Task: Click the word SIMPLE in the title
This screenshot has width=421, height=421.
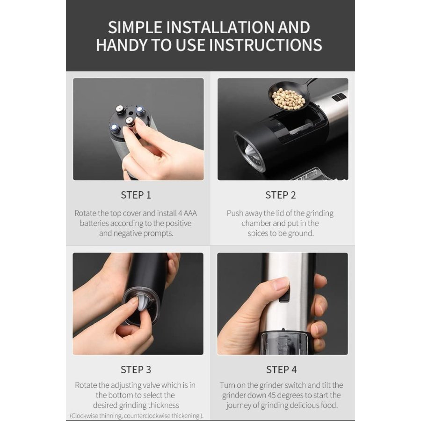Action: (x=135, y=28)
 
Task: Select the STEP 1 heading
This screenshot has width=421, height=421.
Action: (x=136, y=195)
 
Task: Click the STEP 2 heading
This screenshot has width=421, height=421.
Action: (x=281, y=195)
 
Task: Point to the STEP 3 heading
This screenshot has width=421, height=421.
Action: (x=136, y=370)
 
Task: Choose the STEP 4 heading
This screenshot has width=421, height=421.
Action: (x=282, y=370)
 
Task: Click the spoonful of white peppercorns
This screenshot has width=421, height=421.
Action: (x=287, y=99)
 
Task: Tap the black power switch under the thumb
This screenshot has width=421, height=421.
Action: (x=285, y=294)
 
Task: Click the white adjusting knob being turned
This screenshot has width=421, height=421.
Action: (x=140, y=306)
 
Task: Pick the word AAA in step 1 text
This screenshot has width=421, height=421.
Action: (x=190, y=213)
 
